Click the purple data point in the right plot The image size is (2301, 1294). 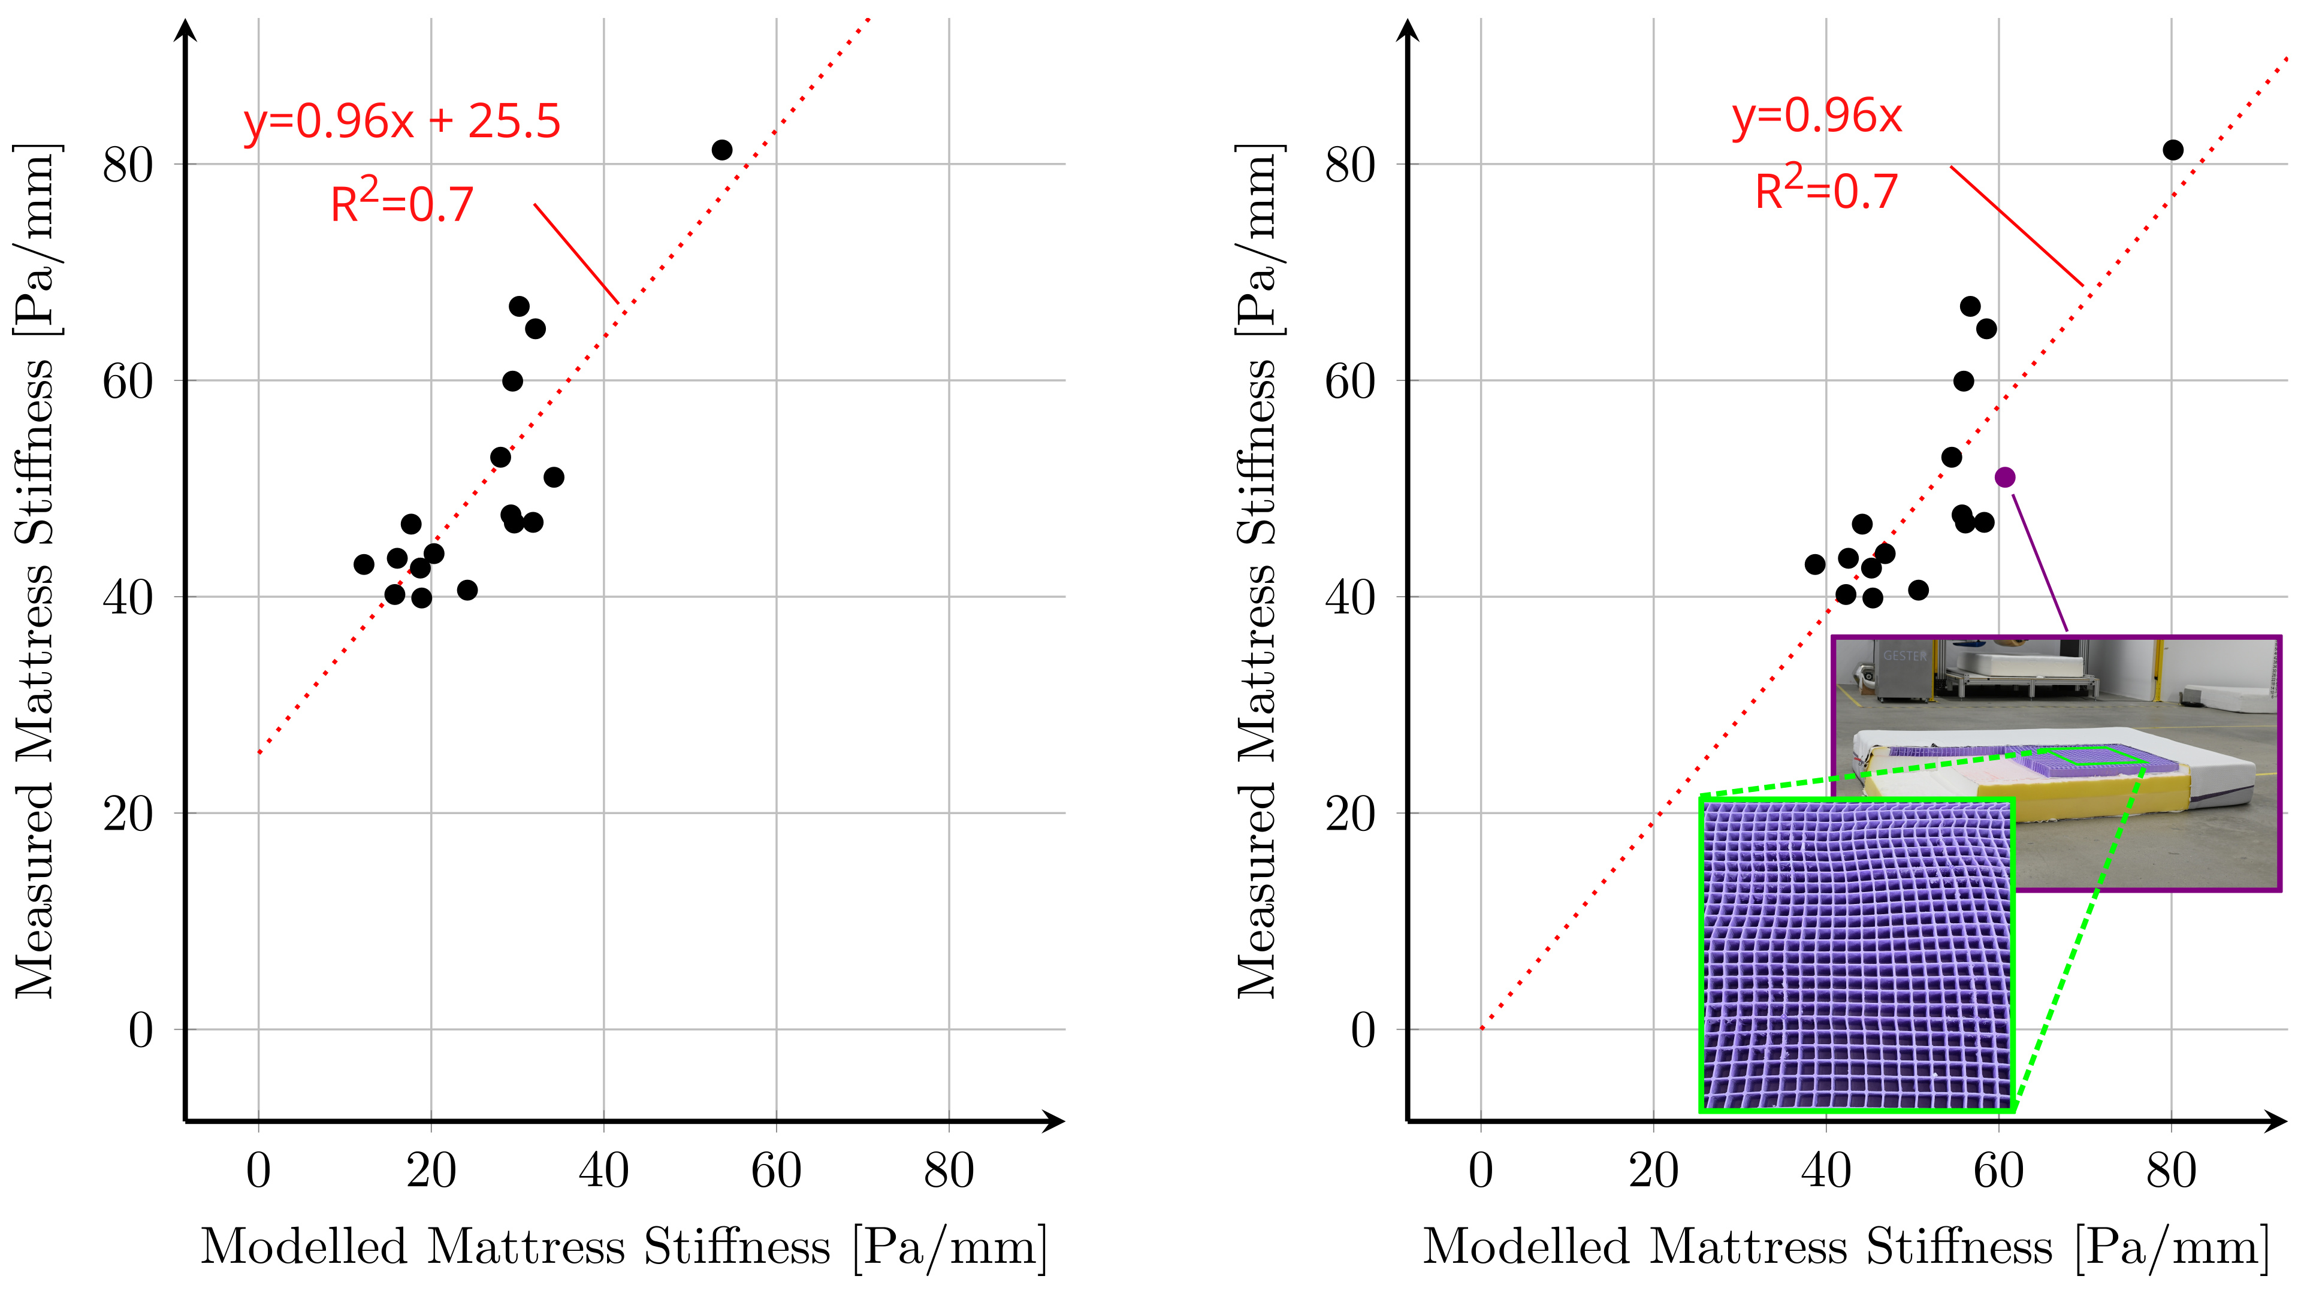(x=2004, y=477)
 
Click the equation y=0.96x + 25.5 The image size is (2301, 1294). (x=402, y=122)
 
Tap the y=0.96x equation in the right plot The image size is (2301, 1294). (x=1817, y=116)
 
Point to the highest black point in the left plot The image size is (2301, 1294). (x=721, y=150)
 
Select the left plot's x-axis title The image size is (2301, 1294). (x=623, y=1247)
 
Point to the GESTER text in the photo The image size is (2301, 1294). (x=1906, y=655)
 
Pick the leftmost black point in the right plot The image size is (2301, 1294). (x=1814, y=564)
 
